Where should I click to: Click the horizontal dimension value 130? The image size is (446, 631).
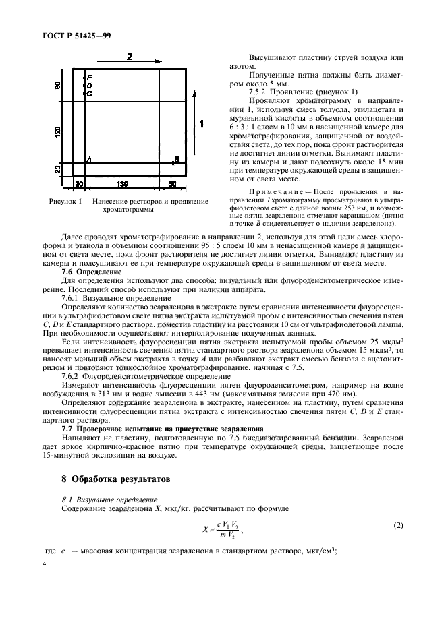[x=123, y=183]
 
